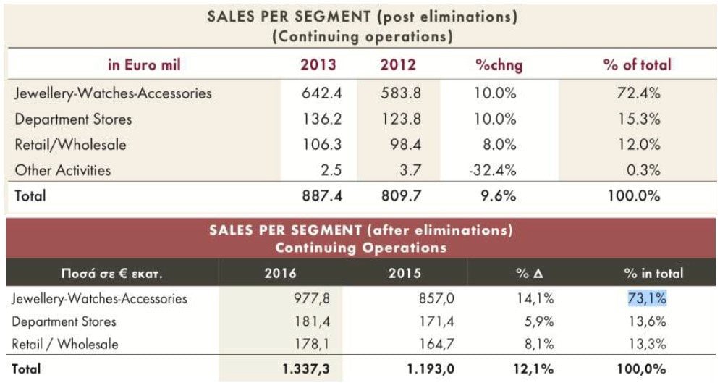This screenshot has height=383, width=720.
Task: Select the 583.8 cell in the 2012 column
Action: pyautogui.click(x=400, y=93)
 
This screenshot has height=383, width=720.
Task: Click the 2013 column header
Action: pyautogui.click(x=318, y=64)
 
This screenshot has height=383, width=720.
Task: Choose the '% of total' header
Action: pyautogui.click(x=637, y=64)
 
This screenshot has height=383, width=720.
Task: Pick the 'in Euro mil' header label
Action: pyautogui.click(x=145, y=64)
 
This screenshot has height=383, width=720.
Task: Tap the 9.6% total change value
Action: pyautogui.click(x=498, y=195)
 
